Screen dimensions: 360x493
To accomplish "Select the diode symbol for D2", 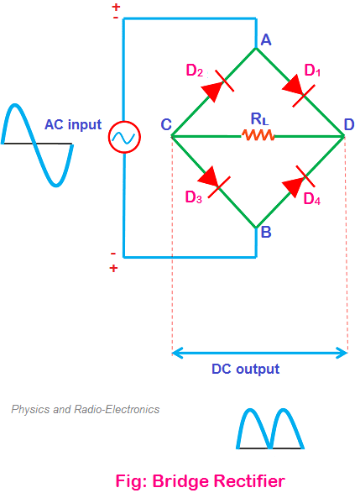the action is pyautogui.click(x=217, y=87).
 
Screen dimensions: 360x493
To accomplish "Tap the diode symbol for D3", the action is pyautogui.click(x=214, y=181).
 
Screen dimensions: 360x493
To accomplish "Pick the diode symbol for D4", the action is pyautogui.click(x=299, y=181).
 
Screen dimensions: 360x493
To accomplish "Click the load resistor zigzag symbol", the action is pyautogui.click(x=258, y=135).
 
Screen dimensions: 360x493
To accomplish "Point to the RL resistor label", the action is pyautogui.click(x=260, y=119).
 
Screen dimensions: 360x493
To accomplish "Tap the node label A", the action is pyautogui.click(x=266, y=40).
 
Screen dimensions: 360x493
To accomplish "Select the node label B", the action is pyautogui.click(x=266, y=232).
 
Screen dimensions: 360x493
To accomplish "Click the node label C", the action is pyautogui.click(x=166, y=124).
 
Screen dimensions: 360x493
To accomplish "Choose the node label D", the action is pyautogui.click(x=349, y=124).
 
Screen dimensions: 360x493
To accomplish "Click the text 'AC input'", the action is pyautogui.click(x=73, y=124).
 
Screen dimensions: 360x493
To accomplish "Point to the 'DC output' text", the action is pyautogui.click(x=245, y=370).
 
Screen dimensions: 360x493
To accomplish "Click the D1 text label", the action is pyautogui.click(x=312, y=71).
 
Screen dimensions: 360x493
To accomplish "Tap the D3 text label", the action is pyautogui.click(x=194, y=197).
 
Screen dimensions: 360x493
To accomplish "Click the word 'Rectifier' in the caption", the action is pyautogui.click(x=249, y=481).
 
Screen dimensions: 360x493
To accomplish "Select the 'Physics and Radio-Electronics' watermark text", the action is pyautogui.click(x=86, y=409).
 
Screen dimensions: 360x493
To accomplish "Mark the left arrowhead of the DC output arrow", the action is pyautogui.click(x=176, y=353).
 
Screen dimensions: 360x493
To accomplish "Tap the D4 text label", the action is pyautogui.click(x=312, y=199).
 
